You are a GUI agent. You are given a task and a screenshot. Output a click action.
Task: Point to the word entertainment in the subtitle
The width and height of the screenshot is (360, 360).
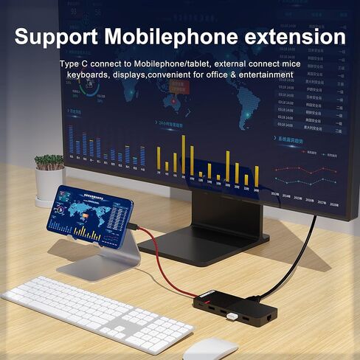point(260,75)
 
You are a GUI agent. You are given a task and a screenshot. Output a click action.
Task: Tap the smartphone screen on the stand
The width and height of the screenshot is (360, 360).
point(92,213)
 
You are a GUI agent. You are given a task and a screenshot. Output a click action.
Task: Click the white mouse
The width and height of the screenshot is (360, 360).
point(210,347)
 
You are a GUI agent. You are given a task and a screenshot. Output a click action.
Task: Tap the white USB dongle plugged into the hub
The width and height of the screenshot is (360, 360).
point(231,317)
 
